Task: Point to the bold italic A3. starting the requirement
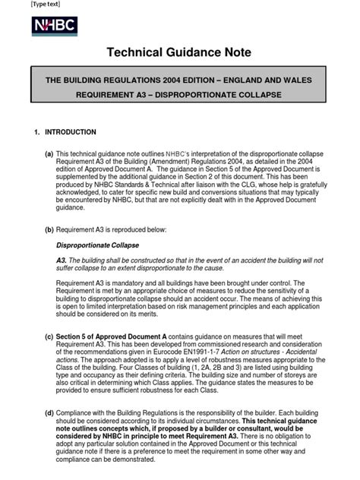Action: (x=62, y=260)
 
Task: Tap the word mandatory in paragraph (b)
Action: (x=127, y=283)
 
